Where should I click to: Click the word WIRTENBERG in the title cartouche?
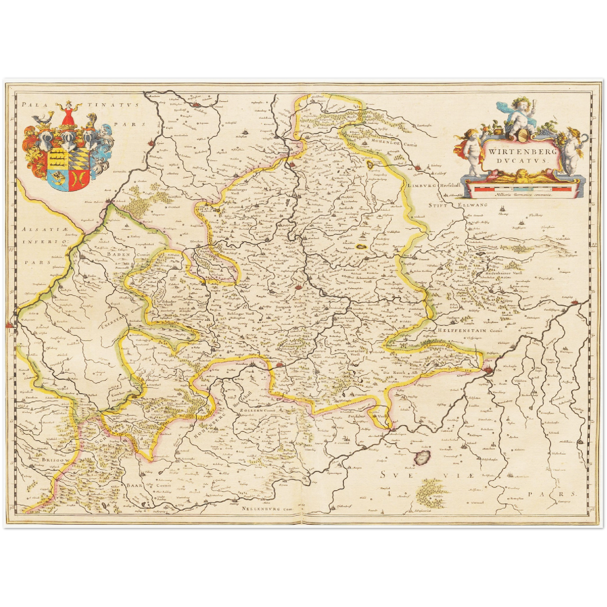[x=520, y=151]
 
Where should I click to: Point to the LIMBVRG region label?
[x=420, y=186]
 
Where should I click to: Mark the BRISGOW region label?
[x=50, y=460]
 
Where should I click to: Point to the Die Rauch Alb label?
[x=397, y=373]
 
